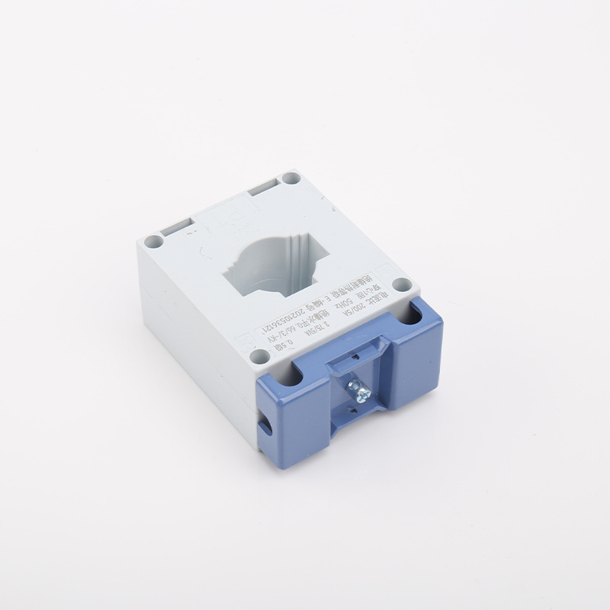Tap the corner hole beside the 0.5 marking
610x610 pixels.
point(260,355)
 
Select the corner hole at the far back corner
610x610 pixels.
point(291,178)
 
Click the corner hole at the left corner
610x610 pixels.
point(153,241)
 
